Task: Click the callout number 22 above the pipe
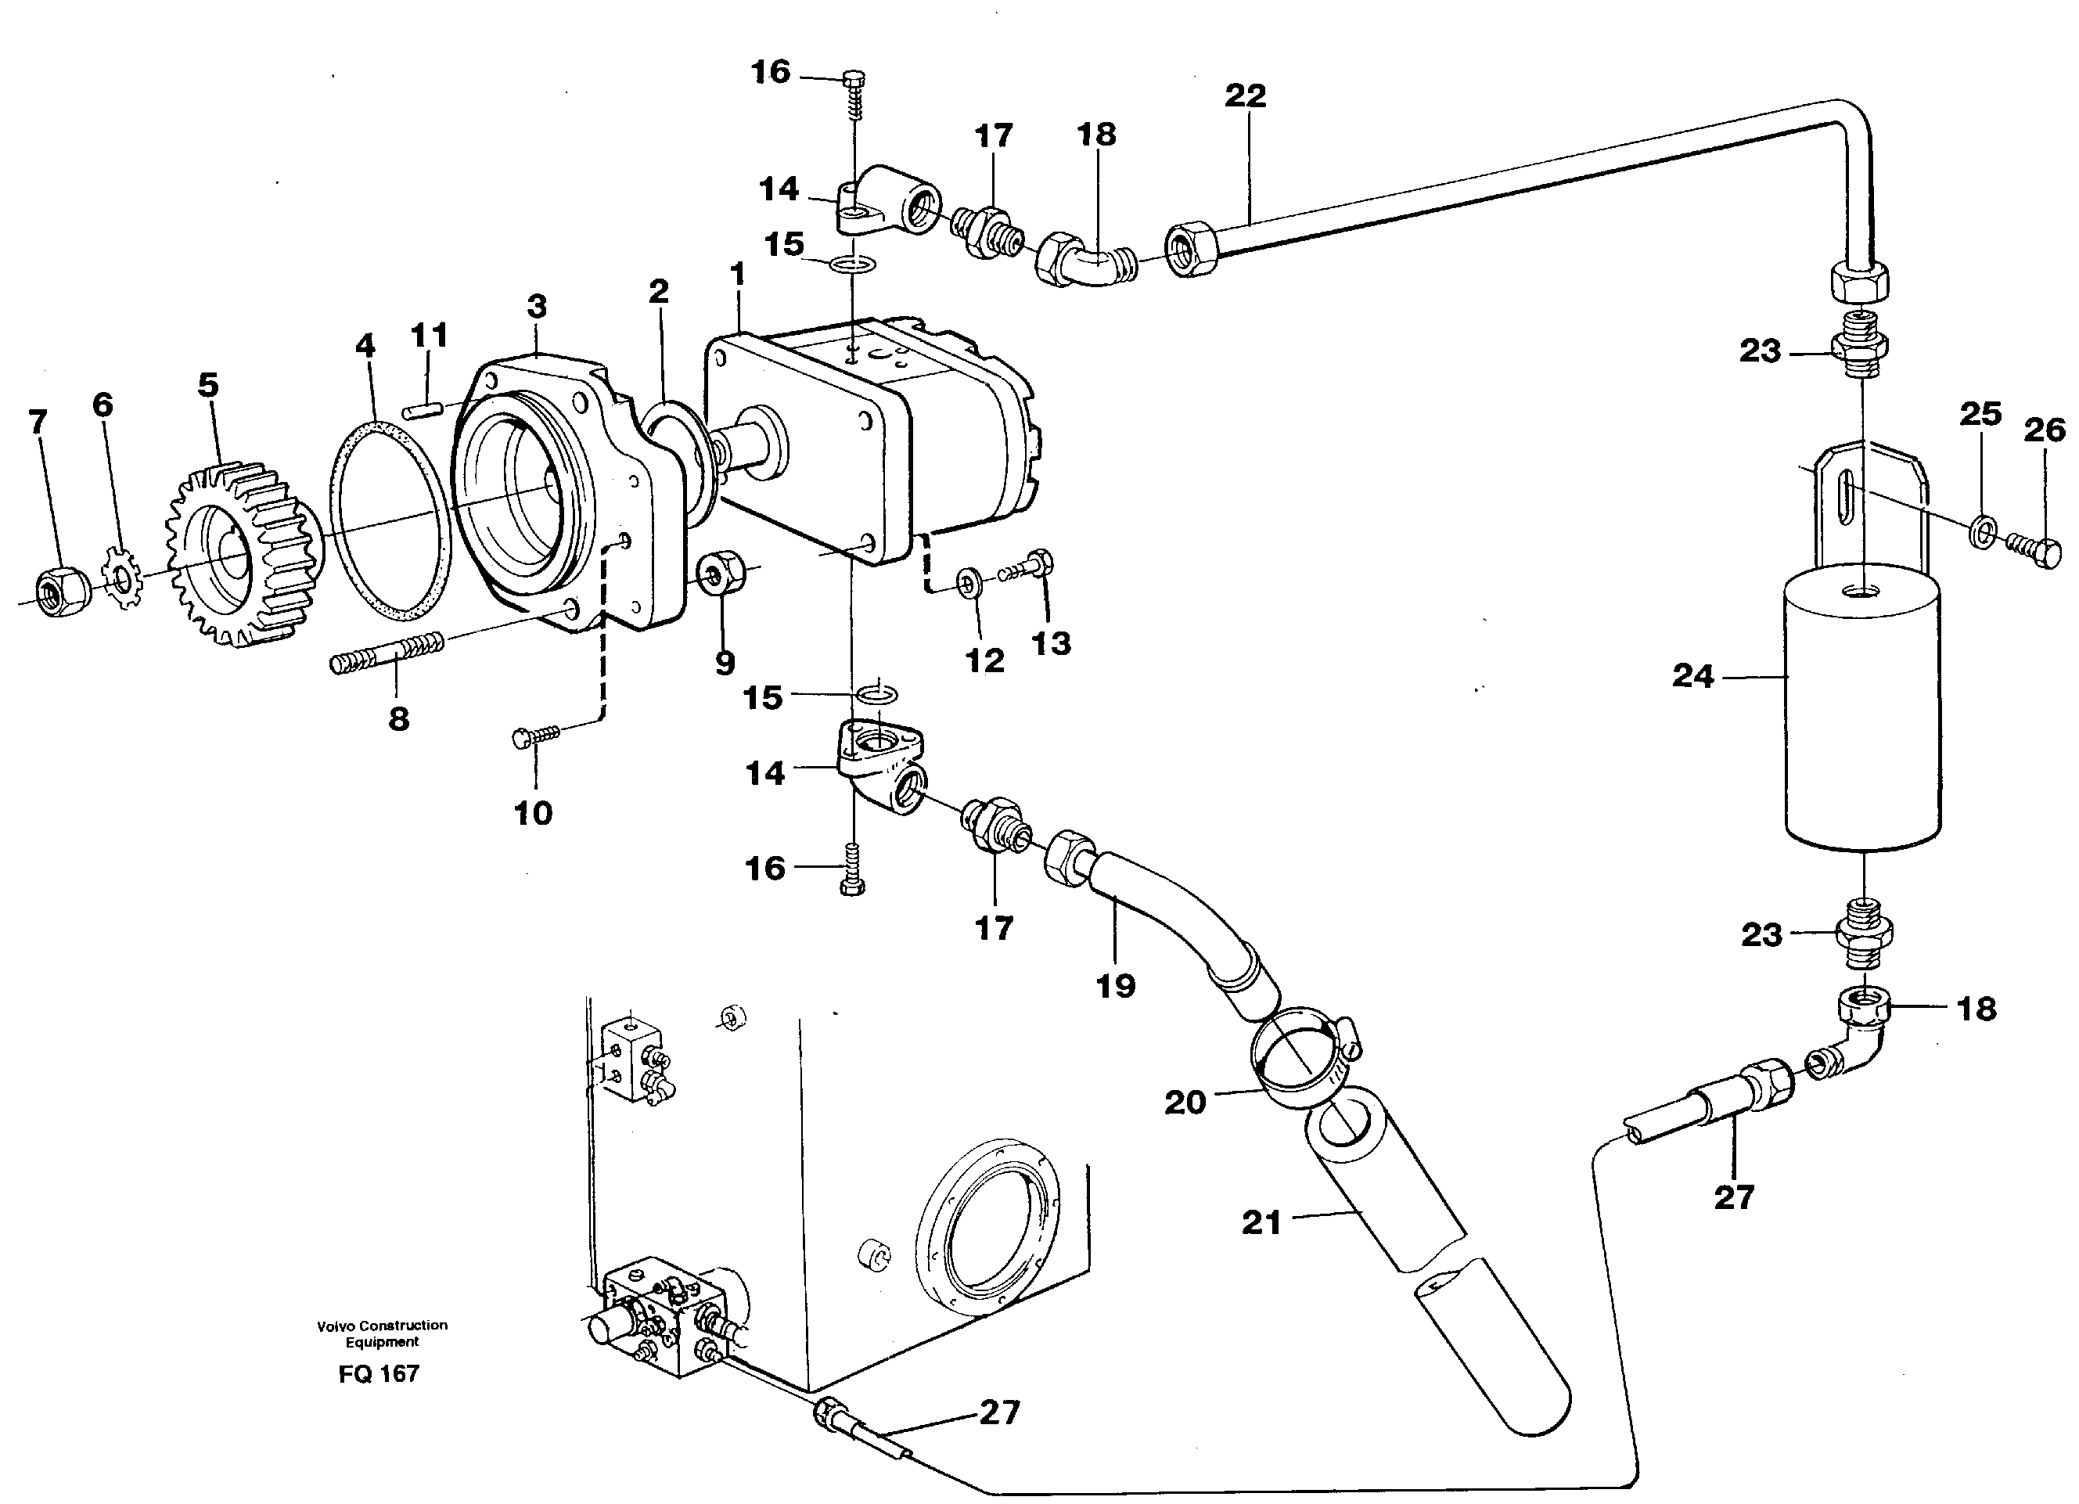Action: (1245, 95)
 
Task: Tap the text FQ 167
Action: (379, 1374)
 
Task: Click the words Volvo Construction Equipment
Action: (383, 1333)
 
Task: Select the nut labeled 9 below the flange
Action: (721, 574)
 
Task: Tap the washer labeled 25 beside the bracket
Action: (1981, 531)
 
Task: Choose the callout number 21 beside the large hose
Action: (1261, 1222)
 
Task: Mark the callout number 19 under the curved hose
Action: (1116, 986)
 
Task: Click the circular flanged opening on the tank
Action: (988, 1226)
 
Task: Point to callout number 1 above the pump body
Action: (737, 273)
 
